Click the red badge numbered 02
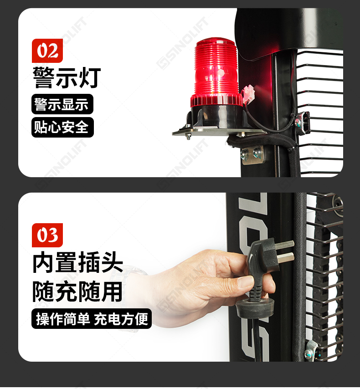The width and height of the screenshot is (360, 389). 47,51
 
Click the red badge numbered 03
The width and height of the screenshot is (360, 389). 47,235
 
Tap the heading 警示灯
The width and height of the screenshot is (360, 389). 67,77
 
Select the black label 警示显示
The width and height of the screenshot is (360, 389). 62,104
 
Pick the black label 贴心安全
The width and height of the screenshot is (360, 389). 62,127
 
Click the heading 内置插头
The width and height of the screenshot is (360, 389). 78,262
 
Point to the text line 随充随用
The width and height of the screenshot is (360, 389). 77,292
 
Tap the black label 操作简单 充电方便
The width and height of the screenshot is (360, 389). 92,319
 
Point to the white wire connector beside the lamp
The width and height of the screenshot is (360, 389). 248,94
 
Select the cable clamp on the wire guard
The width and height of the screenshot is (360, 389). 303,123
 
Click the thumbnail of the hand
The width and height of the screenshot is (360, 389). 245,282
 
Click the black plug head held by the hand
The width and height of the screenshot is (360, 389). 263,256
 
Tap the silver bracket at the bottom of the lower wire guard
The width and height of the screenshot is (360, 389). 310,350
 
